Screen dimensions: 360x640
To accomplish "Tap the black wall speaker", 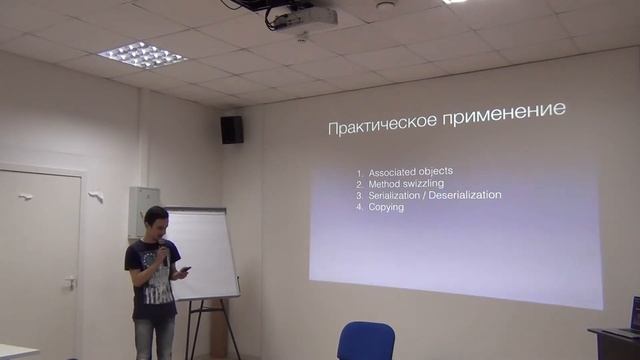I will tap(231, 129).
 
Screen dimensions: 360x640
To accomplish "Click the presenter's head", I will tap(154, 221).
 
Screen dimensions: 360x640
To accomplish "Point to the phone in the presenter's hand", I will tap(184, 269).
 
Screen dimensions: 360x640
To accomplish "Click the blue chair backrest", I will tap(366, 340).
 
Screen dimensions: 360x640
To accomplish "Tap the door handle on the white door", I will tap(70, 283).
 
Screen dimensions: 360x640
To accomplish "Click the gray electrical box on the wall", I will tap(143, 209).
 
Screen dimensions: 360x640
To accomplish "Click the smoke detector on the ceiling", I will tap(385, 6).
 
